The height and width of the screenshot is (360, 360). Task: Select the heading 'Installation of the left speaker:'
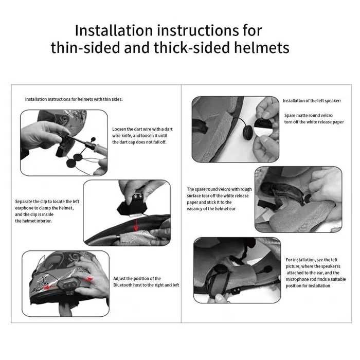(315, 101)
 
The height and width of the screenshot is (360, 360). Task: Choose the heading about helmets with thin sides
(74, 99)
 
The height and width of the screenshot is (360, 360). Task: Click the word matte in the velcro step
(302, 116)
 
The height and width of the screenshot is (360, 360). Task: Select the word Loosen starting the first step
(120, 129)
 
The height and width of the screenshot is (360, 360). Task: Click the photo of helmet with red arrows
(65, 283)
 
